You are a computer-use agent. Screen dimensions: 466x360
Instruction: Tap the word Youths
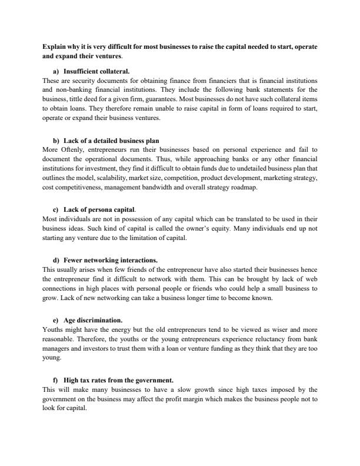(x=53, y=330)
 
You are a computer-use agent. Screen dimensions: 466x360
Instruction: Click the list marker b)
(x=56, y=141)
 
